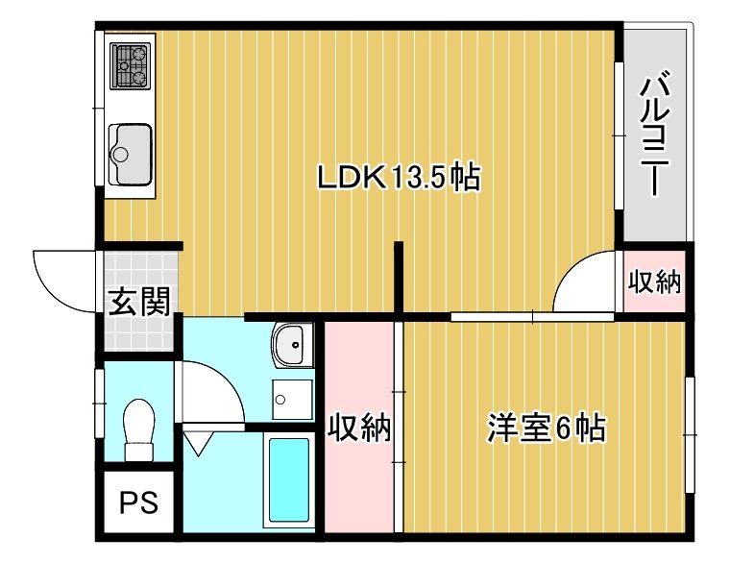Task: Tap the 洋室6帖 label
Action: point(546,428)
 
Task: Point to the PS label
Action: point(138,502)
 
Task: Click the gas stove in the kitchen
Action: point(130,64)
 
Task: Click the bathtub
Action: point(289,480)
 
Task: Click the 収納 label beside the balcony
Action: point(655,282)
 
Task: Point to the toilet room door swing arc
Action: point(211,389)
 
